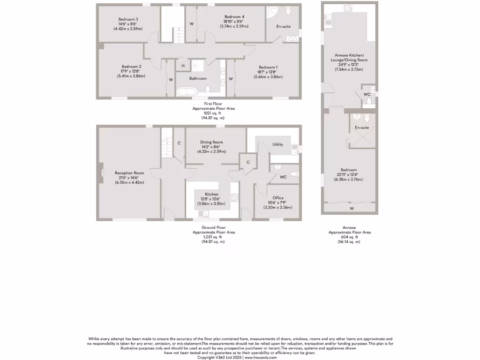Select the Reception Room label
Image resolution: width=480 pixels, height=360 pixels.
[129, 173]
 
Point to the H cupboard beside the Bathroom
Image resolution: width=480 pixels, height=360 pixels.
[183, 65]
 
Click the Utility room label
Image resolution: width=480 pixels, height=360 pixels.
[277, 144]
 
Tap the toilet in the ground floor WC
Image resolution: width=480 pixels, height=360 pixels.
[294, 174]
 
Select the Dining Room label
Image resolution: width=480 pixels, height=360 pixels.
[211, 142]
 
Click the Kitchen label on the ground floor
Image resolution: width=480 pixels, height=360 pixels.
[212, 194]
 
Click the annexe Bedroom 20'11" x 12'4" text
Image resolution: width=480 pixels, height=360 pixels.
[348, 174]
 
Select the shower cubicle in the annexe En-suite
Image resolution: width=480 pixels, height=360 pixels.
[362, 140]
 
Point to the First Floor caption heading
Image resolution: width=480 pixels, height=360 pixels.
[213, 104]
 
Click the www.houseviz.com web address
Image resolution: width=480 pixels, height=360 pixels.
[261, 357]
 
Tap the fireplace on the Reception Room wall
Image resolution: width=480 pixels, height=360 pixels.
[100, 173]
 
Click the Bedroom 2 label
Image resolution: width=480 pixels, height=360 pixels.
[131, 67]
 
